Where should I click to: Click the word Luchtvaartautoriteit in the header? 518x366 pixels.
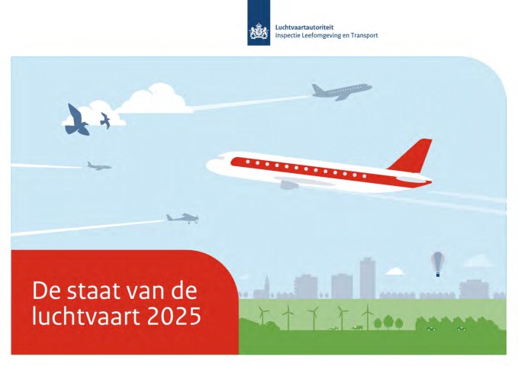click(x=304, y=27)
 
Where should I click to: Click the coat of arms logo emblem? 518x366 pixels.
click(x=259, y=32)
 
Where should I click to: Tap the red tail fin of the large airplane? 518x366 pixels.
click(x=413, y=156)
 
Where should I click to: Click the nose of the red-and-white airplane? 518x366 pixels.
click(x=210, y=164)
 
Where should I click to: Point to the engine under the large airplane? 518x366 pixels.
click(x=289, y=184)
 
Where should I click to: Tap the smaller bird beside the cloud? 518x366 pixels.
click(x=105, y=120)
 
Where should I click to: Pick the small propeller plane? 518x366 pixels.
click(x=182, y=218)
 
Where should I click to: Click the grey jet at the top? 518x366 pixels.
click(x=341, y=91)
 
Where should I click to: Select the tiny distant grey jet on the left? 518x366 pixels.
click(x=98, y=166)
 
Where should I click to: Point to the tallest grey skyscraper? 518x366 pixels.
click(x=368, y=278)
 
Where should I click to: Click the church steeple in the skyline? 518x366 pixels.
click(x=266, y=286)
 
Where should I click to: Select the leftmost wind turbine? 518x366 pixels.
click(x=262, y=315)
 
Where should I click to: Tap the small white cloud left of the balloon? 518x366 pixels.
click(x=394, y=271)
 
